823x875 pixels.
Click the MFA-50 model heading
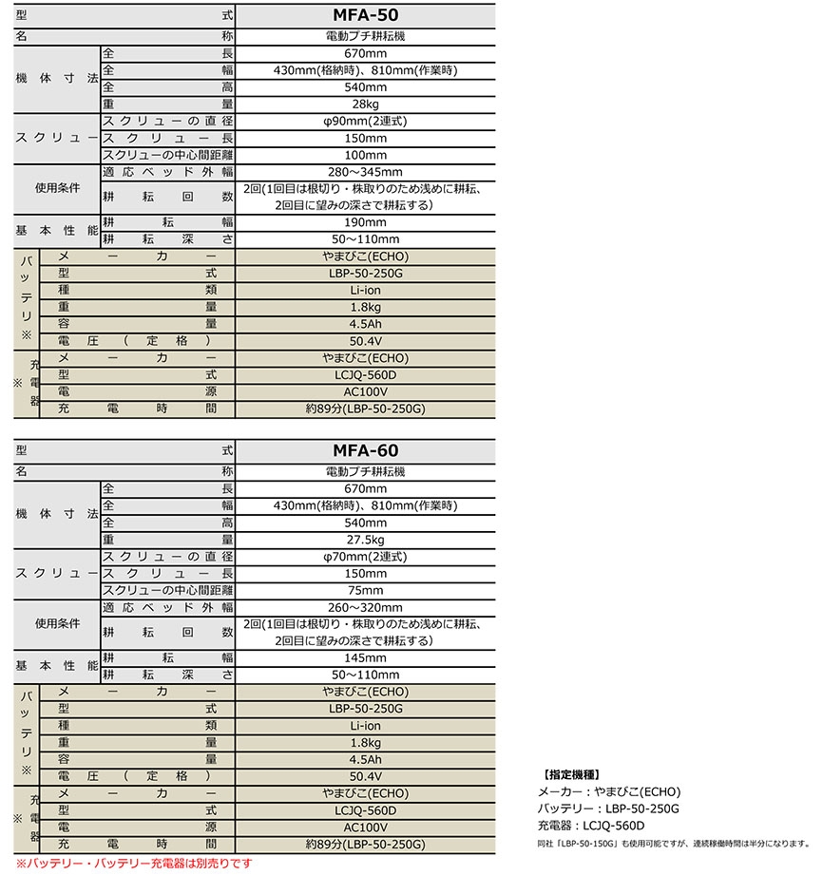365,16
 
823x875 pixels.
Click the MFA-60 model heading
365,450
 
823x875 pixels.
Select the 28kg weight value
365,103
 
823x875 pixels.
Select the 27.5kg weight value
365,539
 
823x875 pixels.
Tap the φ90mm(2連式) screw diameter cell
365,122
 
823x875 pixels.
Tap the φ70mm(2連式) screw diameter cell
365,556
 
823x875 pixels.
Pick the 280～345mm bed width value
365,172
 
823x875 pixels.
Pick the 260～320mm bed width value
365,607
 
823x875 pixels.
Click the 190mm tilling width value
365,222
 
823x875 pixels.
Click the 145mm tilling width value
365,657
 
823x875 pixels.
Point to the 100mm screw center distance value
365,155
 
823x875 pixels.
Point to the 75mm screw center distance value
365,590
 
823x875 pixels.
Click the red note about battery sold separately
134,863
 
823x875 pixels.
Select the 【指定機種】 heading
570,773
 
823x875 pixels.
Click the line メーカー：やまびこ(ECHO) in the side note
609,791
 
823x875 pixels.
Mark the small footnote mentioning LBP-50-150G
669,843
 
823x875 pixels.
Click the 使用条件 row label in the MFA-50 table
57,188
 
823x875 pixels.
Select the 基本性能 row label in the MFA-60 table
57,665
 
